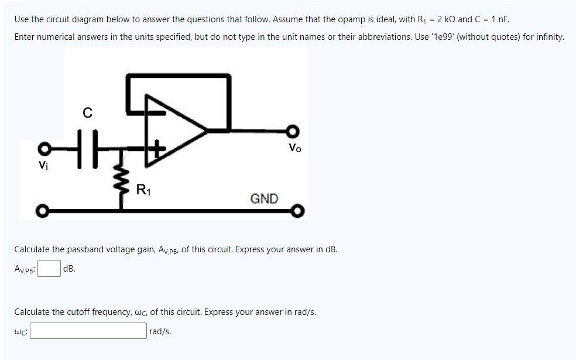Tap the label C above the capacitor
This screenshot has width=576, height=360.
click(87, 113)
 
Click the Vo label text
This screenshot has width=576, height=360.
click(295, 149)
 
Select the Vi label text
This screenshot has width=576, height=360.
click(43, 166)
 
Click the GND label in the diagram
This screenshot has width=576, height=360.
click(264, 198)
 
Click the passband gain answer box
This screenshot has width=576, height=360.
click(50, 269)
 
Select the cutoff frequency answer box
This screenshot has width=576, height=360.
click(88, 331)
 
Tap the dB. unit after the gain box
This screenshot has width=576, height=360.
click(69, 269)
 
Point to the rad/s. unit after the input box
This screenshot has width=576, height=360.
click(160, 331)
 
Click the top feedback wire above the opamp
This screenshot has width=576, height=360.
click(179, 76)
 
